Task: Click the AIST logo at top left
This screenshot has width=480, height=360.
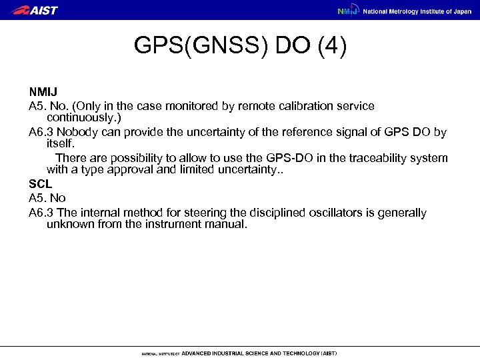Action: coord(35,10)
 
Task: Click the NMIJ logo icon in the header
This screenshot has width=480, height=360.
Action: coord(347,11)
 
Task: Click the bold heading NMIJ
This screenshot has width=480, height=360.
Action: coord(43,93)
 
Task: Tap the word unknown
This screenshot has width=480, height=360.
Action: coord(69,225)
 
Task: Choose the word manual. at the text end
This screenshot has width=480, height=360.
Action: coord(228,225)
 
